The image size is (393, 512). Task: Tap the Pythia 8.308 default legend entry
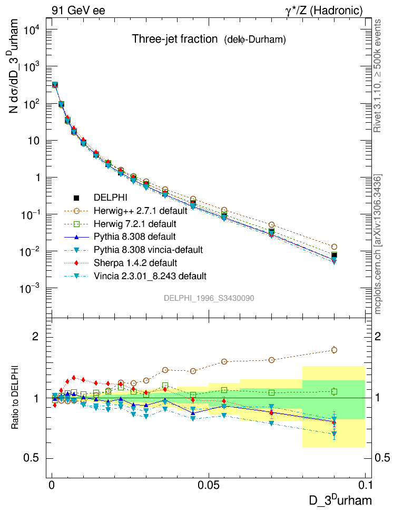click(x=134, y=237)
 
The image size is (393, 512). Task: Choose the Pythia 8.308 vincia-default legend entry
click(x=148, y=249)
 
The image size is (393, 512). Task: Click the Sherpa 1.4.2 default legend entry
click(x=135, y=262)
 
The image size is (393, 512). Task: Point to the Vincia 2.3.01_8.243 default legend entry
click(x=150, y=275)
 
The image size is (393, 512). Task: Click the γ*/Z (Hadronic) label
click(x=330, y=10)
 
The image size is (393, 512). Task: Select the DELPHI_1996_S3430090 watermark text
click(x=209, y=298)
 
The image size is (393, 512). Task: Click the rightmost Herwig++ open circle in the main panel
click(x=334, y=247)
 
